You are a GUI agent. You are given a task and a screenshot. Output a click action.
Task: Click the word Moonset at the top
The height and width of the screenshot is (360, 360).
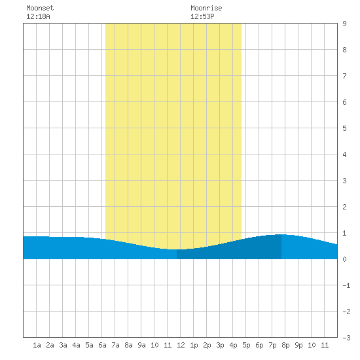[40, 8]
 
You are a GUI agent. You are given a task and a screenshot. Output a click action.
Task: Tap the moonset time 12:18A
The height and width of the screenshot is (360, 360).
[38, 16]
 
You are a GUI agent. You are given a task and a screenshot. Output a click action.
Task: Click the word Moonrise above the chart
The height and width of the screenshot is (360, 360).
[206, 8]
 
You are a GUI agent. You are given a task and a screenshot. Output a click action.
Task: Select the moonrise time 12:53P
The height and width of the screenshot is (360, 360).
[202, 16]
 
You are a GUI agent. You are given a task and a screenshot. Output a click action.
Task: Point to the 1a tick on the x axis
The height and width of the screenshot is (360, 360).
[37, 345]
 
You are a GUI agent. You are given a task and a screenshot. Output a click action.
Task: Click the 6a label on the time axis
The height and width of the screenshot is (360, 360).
[102, 345]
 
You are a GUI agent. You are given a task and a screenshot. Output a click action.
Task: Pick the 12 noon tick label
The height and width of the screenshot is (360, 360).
[181, 345]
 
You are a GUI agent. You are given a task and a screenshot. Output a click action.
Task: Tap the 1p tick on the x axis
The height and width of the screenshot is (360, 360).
[194, 345]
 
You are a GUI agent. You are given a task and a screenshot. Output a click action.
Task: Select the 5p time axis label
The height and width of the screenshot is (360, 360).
[246, 345]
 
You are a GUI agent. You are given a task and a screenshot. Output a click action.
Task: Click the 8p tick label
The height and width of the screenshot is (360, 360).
[285, 345]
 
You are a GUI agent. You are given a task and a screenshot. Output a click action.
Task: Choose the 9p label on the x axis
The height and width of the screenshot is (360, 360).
[298, 345]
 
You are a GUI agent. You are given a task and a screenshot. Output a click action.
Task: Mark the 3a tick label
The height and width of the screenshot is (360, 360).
[63, 345]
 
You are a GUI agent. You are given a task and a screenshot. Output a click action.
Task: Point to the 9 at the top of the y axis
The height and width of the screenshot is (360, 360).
[344, 24]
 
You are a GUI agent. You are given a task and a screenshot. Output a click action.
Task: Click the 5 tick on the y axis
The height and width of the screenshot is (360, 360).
[344, 128]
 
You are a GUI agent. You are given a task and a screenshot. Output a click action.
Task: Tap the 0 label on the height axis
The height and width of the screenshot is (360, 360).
[344, 259]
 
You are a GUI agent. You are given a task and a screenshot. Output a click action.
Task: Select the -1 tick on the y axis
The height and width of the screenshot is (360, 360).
[346, 285]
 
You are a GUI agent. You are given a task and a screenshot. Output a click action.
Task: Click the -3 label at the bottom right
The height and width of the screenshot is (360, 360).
[346, 338]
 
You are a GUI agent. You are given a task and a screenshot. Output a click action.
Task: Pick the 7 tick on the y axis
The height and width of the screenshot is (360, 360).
[344, 76]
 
